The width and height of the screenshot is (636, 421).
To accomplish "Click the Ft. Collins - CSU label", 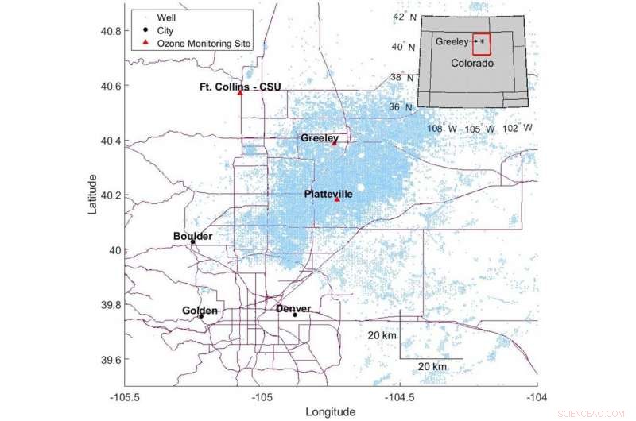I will click(x=240, y=87).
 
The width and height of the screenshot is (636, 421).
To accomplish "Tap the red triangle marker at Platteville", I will click(x=337, y=199).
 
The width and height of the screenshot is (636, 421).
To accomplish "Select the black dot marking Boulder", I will click(x=192, y=241).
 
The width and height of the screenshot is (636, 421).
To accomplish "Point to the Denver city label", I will click(x=293, y=308).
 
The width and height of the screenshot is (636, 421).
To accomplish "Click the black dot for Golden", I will click(x=201, y=315).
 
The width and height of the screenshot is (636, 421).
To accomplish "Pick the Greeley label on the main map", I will click(x=320, y=138).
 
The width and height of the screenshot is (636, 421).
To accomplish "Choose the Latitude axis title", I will click(x=93, y=194).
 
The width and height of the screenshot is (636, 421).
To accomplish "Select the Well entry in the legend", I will click(x=166, y=17).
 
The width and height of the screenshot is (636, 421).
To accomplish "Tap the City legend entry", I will click(x=165, y=30).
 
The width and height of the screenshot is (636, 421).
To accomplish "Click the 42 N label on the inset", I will click(x=404, y=17).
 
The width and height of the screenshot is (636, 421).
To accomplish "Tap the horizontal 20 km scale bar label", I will click(x=432, y=366).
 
